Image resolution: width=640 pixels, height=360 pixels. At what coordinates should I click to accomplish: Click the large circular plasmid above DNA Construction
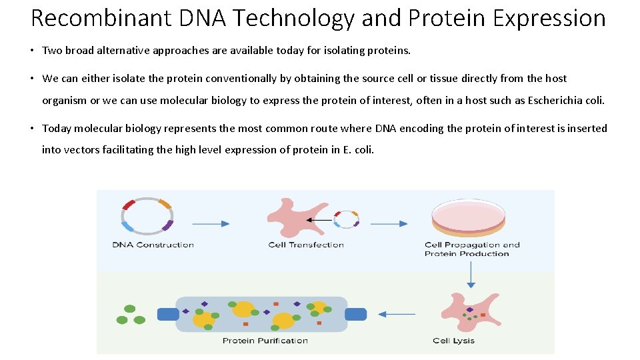coord(147,215)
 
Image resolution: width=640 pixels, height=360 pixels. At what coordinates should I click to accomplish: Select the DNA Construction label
coord(153,245)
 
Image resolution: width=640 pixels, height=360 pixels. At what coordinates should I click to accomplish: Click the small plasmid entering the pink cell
coord(346,219)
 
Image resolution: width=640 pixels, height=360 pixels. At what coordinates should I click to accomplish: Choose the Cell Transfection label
coord(306,245)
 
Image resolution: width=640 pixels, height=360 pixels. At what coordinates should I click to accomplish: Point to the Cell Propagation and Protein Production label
coord(472,249)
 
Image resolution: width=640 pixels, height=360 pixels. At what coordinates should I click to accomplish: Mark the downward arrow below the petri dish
coord(471,274)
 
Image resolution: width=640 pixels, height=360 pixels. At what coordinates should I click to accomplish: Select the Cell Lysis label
coord(453,341)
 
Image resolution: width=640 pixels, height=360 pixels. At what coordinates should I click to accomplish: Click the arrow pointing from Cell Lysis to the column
coord(401,314)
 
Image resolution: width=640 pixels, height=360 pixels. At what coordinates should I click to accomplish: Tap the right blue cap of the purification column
coord(356,314)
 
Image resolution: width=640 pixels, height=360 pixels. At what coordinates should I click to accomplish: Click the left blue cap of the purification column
coord(167,314)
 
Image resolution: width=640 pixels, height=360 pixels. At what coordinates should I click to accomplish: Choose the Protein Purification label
coord(265,341)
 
